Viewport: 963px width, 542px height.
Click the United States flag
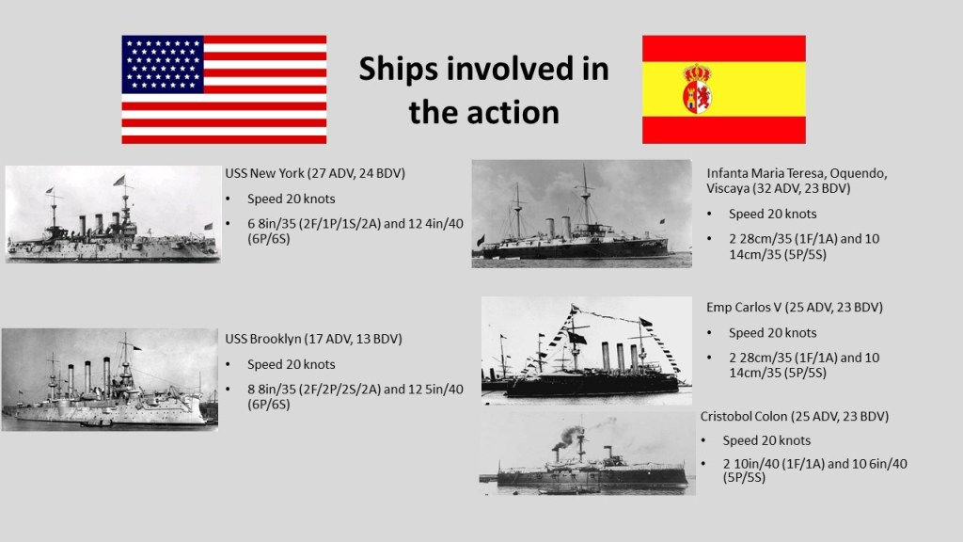[224, 89]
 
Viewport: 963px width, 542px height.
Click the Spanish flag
[724, 89]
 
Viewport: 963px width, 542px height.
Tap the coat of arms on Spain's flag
[697, 89]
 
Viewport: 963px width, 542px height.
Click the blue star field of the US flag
[163, 65]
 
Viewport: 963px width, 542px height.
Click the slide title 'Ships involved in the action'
[484, 89]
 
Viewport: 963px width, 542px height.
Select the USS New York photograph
[113, 215]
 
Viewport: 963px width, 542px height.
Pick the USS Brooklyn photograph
[110, 380]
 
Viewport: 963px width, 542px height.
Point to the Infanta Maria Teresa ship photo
[581, 214]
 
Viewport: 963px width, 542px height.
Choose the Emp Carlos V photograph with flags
[587, 350]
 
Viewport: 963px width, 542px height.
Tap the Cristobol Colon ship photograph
[588, 454]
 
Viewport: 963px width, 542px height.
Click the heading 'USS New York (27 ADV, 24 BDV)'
[315, 173]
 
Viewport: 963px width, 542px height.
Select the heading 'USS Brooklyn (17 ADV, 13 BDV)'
[313, 339]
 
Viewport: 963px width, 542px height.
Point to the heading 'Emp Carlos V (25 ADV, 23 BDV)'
[795, 308]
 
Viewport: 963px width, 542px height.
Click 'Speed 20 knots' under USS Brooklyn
[292, 364]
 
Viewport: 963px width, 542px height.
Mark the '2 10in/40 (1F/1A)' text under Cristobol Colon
[773, 464]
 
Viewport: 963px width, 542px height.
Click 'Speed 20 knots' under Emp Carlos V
[773, 333]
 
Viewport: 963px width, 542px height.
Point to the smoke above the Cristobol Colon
[571, 434]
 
